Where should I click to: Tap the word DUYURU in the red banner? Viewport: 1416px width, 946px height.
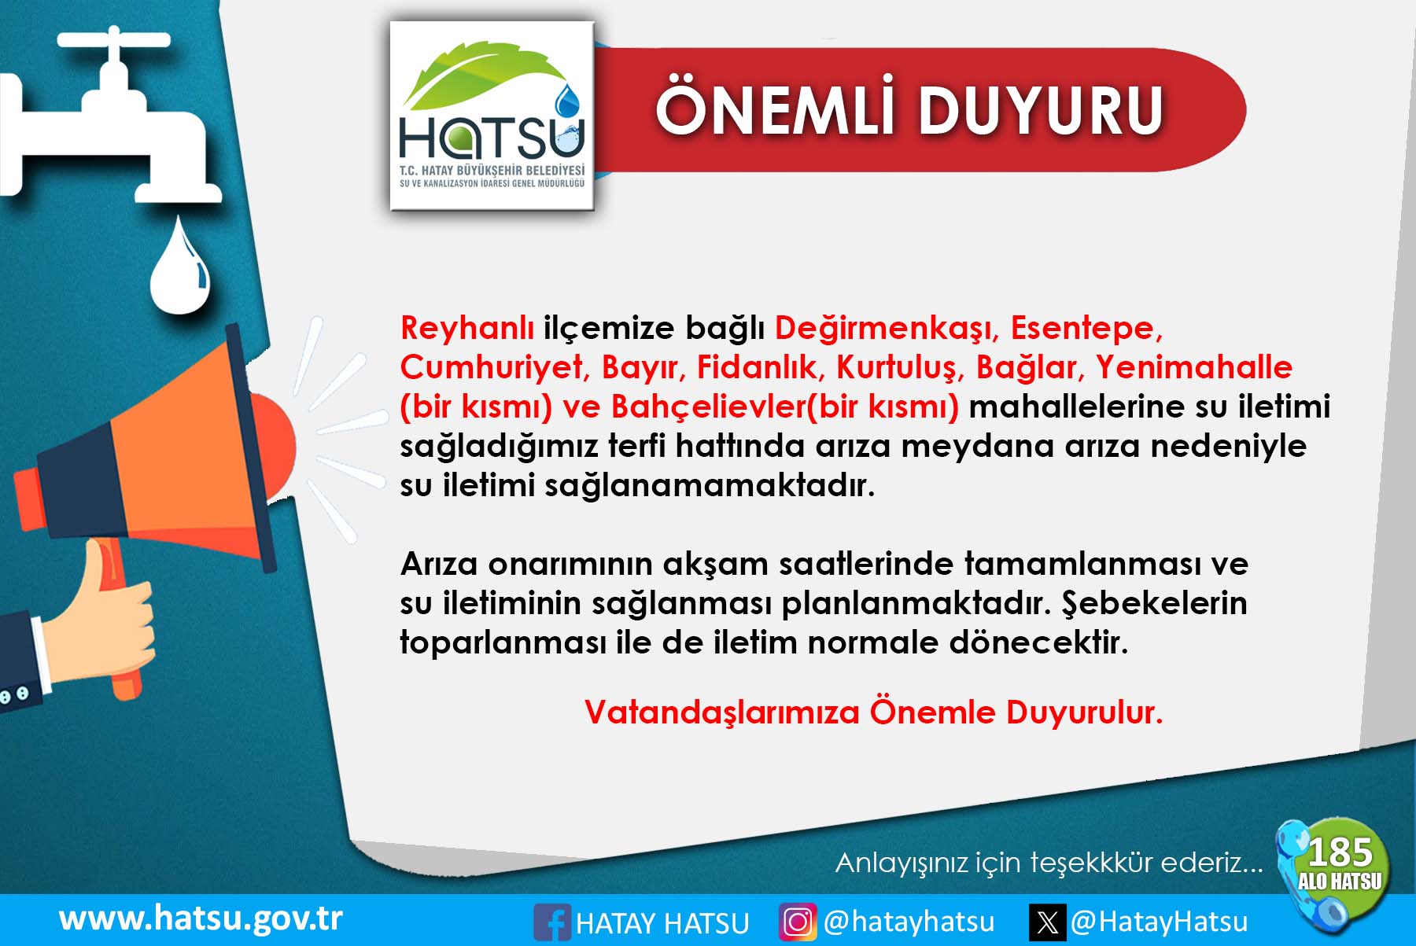[x=1041, y=110]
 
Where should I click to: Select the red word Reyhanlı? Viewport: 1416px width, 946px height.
[x=467, y=328]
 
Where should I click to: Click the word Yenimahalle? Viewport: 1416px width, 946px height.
[x=1194, y=367]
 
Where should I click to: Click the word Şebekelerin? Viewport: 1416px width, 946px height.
[x=1155, y=604]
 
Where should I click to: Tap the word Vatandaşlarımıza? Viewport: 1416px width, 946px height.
[x=722, y=713]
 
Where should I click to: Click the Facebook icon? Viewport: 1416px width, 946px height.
[x=552, y=922]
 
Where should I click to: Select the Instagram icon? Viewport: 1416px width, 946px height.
[x=798, y=922]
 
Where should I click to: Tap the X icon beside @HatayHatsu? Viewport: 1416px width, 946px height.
[x=1048, y=922]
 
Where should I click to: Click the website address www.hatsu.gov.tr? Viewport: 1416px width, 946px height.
[x=201, y=918]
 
